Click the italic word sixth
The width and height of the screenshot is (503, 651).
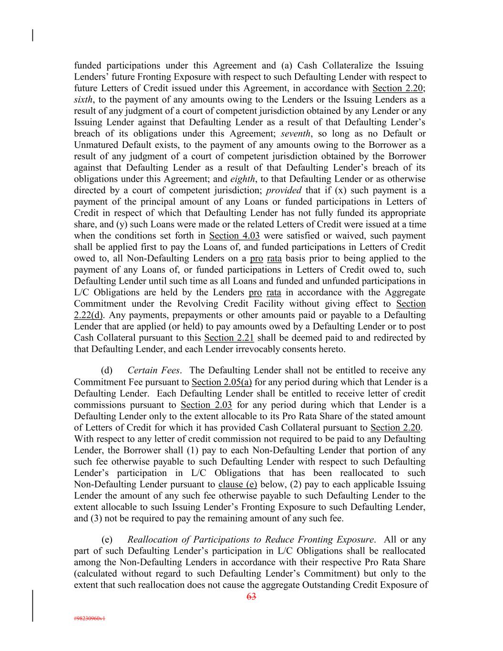pos(83,100)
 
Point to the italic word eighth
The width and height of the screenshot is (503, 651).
pos(243,179)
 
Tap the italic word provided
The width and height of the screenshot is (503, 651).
pos(284,190)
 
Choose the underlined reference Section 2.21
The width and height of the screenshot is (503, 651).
pos(229,338)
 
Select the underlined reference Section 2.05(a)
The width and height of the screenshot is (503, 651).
pos(222,382)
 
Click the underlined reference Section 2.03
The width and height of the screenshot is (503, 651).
pos(206,405)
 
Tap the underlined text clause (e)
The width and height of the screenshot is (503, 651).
pos(237,485)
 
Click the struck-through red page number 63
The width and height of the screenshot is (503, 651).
pos(251,596)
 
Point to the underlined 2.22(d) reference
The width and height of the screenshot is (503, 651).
pos(89,315)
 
